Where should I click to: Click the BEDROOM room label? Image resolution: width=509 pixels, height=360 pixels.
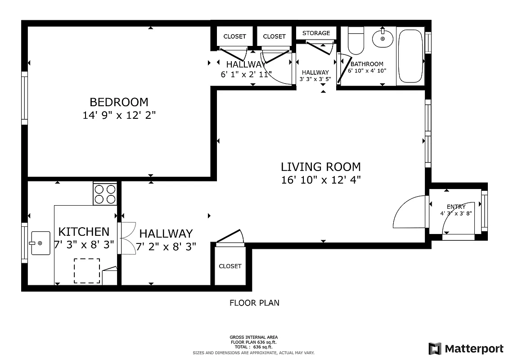point(119,102)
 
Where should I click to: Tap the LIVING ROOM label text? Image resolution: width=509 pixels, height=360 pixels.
point(320,167)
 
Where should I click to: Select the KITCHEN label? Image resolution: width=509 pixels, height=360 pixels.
point(84,232)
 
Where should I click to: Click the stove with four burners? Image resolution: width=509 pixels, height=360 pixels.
point(105,194)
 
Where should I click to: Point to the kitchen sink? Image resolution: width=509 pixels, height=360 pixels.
point(41,243)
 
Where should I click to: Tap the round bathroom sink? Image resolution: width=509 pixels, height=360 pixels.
point(383,38)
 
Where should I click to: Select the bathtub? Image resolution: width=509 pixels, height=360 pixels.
point(410,56)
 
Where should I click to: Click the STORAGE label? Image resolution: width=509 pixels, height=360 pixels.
point(316,33)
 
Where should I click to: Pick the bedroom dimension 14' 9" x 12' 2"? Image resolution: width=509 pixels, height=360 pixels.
point(119,115)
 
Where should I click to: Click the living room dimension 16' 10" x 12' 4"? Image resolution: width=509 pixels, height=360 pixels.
point(320,180)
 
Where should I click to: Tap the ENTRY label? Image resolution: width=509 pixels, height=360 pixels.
point(456,207)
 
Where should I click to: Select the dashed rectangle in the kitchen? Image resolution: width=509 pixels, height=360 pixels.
point(87,270)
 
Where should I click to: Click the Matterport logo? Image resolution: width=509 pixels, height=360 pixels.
point(466,349)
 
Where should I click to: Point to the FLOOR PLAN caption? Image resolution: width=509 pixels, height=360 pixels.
point(254,303)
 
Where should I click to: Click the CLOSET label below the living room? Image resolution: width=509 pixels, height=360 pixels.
point(230,266)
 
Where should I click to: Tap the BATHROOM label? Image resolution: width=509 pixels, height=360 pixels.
point(367,64)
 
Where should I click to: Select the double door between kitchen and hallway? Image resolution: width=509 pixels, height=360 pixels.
point(127,238)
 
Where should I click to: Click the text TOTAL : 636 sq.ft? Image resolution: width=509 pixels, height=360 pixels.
point(254,347)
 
